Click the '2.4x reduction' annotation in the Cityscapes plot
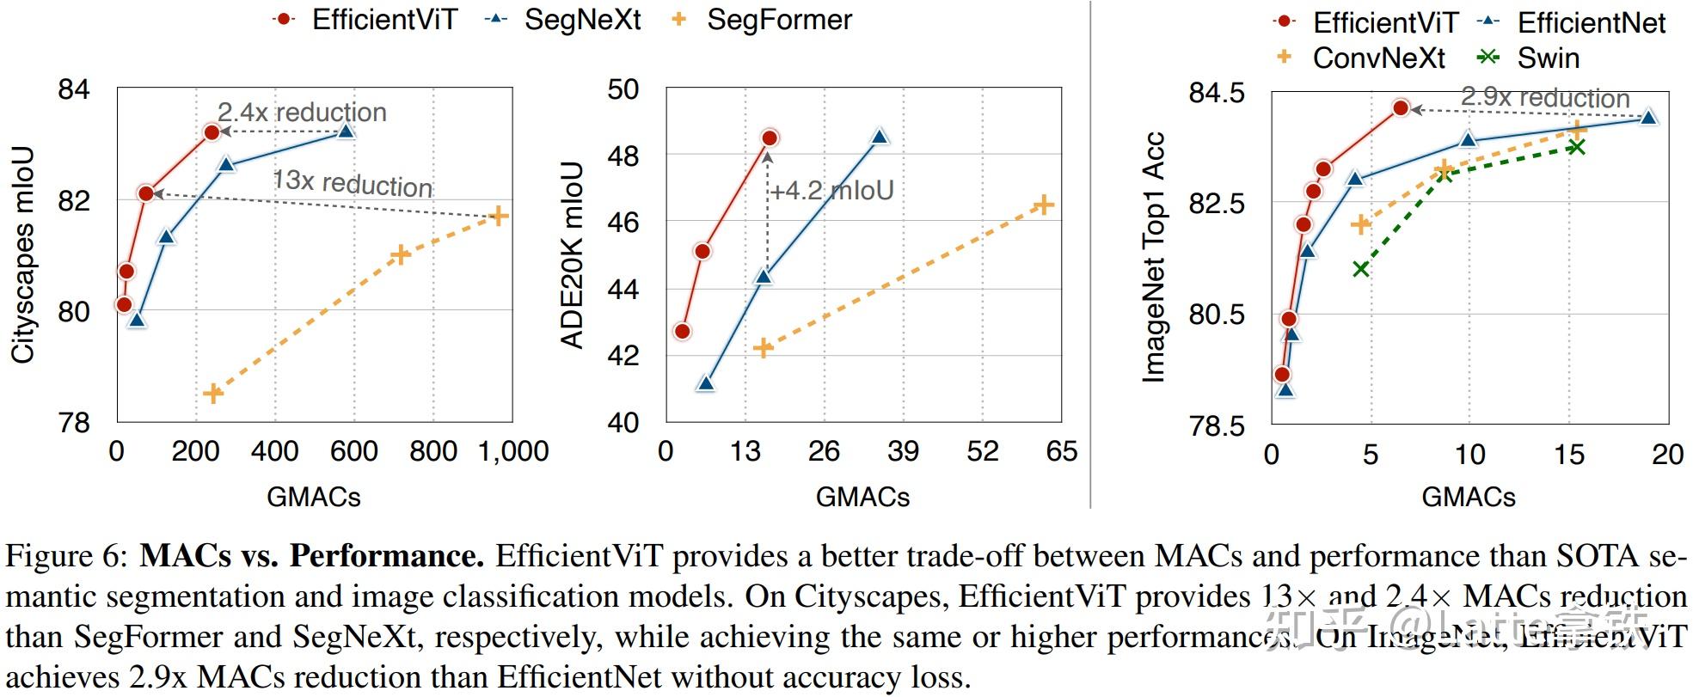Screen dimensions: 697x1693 click(302, 113)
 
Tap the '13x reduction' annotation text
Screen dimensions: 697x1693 click(353, 183)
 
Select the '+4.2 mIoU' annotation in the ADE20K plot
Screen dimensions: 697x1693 click(831, 190)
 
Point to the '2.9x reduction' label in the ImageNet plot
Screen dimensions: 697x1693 click(1545, 98)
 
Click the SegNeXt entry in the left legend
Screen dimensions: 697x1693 click(582, 20)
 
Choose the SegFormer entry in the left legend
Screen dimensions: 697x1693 click(778, 20)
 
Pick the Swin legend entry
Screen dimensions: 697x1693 click(1548, 58)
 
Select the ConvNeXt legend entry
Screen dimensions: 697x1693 click(1378, 58)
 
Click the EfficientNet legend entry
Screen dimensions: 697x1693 click(1591, 22)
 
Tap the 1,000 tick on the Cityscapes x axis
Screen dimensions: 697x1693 click(513, 451)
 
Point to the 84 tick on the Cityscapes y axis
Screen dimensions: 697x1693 click(74, 89)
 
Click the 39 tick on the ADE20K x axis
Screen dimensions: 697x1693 click(903, 451)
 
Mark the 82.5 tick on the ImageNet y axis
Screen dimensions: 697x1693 click(1216, 204)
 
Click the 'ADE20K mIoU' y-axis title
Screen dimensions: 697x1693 click(572, 255)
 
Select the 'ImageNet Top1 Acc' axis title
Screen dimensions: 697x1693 click(1153, 255)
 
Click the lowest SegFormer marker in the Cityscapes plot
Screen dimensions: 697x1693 click(213, 394)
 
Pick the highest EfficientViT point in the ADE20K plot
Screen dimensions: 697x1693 click(770, 138)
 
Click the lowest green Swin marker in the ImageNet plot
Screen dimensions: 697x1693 click(1360, 269)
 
